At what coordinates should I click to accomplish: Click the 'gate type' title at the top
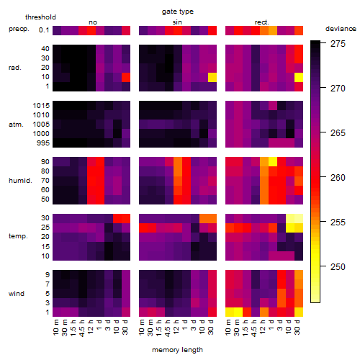178,12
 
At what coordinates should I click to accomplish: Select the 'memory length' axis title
177,350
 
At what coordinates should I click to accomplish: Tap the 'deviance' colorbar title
341,29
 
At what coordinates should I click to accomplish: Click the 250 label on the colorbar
338,266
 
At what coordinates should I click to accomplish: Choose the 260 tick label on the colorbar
338,178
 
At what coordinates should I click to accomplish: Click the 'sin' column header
177,22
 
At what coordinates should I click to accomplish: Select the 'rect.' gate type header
261,22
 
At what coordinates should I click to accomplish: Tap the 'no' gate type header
93,22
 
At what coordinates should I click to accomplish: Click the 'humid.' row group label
20,181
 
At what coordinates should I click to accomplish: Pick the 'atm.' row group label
16,125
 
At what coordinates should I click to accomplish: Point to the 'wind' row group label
17,294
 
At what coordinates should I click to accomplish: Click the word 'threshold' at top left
40,17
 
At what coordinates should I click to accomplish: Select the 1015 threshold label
41,106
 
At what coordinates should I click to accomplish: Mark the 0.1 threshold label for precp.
44,30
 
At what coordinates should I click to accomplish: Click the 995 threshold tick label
43,143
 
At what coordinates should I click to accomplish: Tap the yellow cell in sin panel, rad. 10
212,77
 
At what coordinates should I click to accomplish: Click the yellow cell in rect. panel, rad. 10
299,77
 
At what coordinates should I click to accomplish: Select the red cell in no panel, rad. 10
126,77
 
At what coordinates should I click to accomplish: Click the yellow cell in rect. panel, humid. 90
273,162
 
